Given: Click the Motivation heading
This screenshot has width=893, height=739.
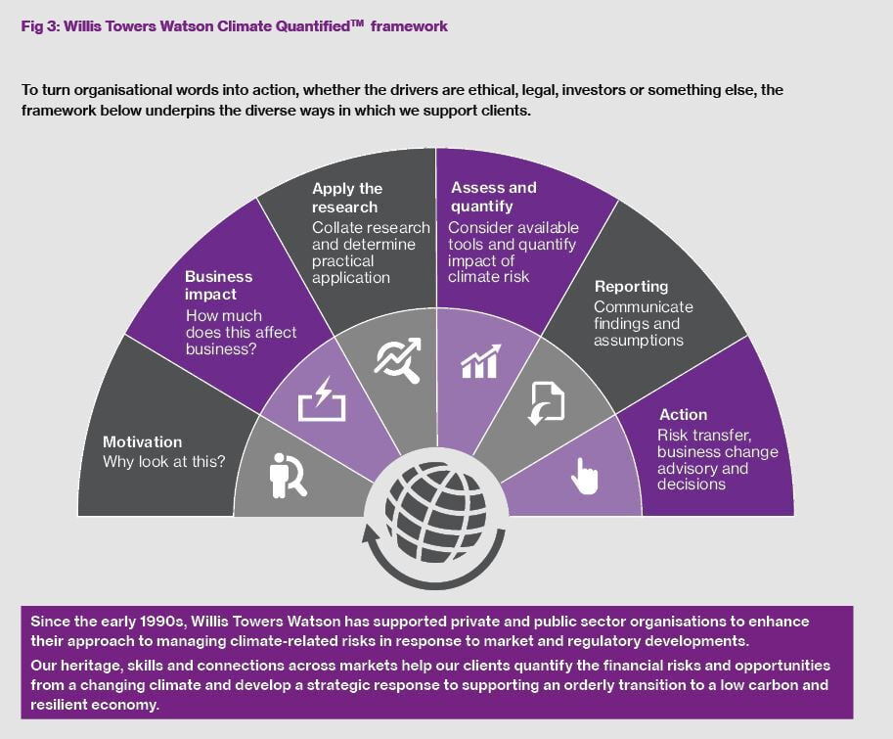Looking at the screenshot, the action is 143,442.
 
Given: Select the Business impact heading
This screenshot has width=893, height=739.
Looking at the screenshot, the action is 219,286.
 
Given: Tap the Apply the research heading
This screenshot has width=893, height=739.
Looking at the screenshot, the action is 347,198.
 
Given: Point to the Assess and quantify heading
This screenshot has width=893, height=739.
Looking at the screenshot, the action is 494,197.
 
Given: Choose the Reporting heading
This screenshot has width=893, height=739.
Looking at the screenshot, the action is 631,287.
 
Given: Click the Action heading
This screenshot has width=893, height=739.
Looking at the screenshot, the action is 683,415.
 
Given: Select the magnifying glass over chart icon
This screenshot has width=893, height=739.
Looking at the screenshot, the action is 397,360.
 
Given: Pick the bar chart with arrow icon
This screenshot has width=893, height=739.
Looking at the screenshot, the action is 480,361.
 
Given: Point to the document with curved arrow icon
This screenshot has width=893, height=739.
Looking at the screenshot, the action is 546,403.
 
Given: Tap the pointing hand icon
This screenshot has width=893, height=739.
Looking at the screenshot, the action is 584,477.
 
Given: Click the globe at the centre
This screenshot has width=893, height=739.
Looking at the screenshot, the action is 435,512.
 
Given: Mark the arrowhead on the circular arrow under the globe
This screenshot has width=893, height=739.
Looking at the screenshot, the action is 371,535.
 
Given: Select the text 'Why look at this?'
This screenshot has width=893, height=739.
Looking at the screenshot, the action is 164,462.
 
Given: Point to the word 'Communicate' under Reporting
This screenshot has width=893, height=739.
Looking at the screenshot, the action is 644,307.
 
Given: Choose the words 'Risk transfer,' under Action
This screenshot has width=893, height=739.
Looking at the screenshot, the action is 704,436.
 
